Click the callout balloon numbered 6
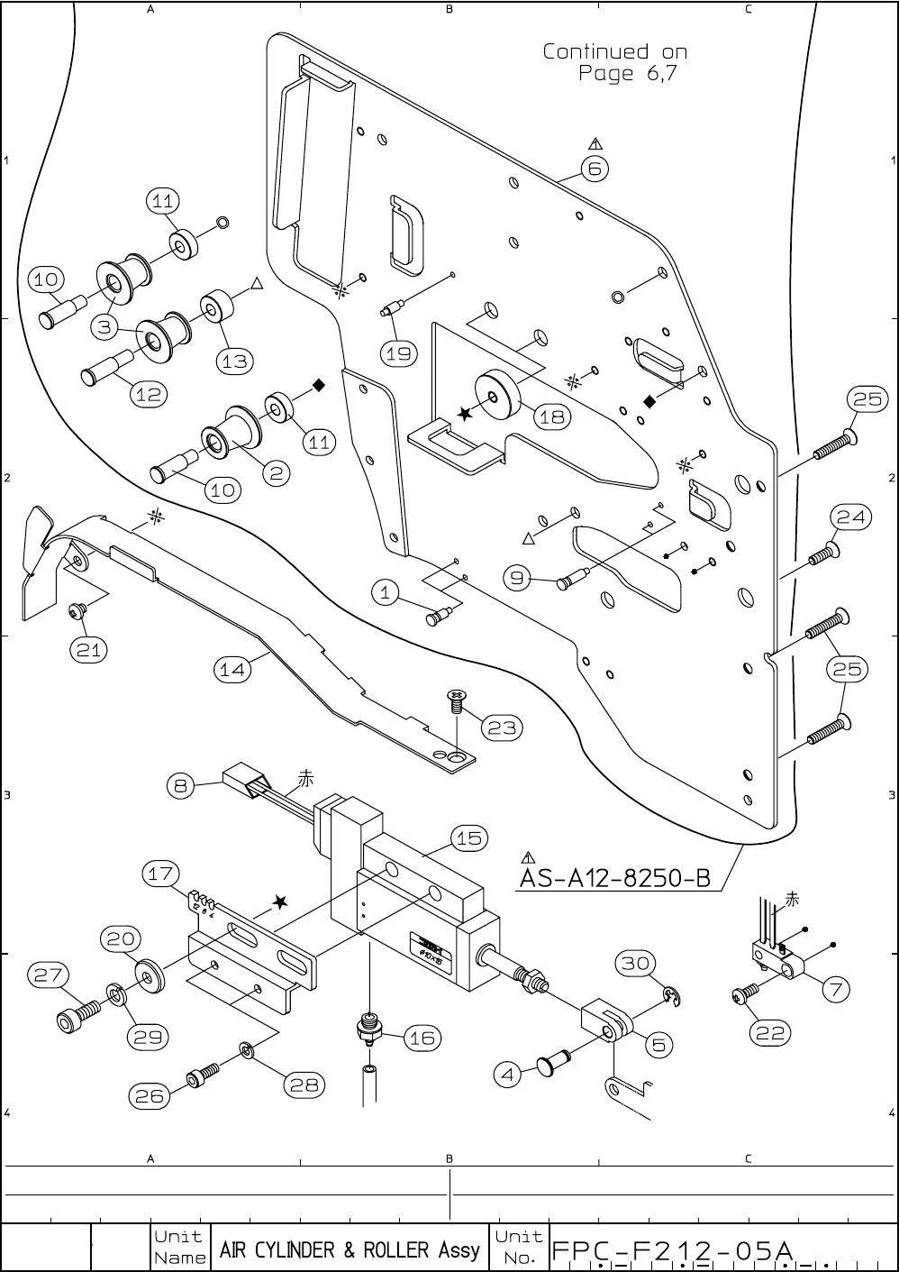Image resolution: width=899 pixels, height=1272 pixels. click(595, 169)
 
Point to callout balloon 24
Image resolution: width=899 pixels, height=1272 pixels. click(850, 517)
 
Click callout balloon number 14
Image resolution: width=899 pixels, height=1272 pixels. click(232, 669)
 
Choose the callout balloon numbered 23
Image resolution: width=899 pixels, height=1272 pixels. click(502, 728)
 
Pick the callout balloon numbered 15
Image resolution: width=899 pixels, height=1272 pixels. click(469, 838)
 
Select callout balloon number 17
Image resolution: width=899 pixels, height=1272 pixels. click(161, 874)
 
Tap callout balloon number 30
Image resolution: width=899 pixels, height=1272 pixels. click(636, 964)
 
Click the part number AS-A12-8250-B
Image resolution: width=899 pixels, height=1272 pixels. click(615, 877)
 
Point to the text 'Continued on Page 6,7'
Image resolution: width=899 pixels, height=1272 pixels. click(614, 62)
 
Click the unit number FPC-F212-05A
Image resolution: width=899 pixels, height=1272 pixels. click(672, 1249)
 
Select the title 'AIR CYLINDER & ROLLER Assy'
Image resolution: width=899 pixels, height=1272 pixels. click(350, 1249)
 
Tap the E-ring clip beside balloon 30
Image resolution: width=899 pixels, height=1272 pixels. click(670, 994)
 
